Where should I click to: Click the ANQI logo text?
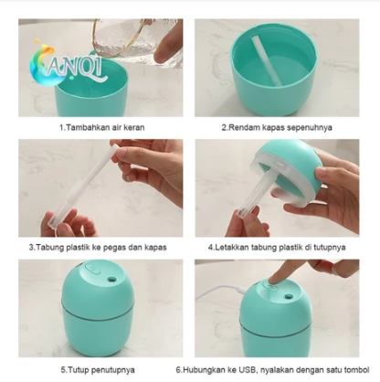coord(75,68)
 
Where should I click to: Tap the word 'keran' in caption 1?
coord(133,127)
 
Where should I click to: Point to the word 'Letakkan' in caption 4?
coord(231,248)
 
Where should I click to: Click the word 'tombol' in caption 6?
coord(356,370)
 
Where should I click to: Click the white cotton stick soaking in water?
coord(267,61)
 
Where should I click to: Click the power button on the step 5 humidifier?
coord(91,270)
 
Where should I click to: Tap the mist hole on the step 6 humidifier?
coord(288,296)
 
